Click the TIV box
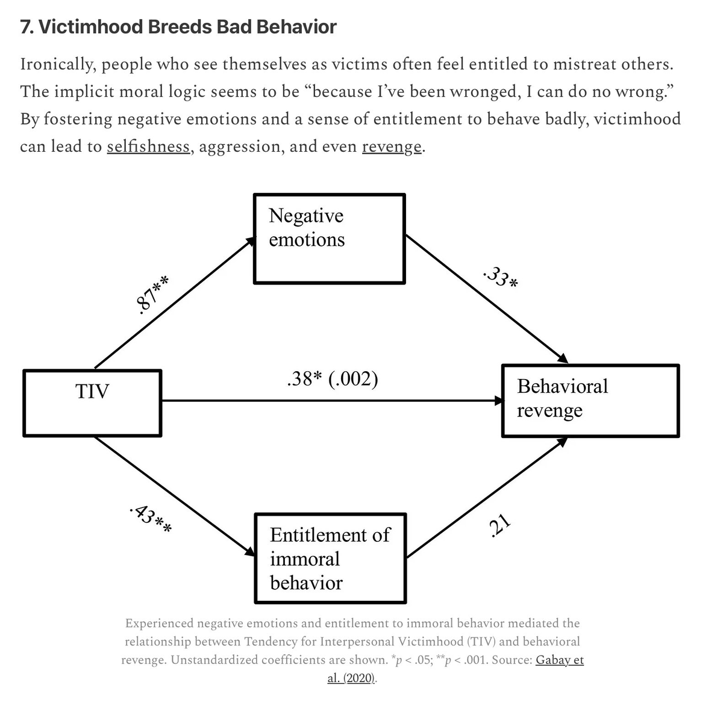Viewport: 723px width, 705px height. tap(92, 403)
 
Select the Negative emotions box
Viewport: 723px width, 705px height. tap(329, 239)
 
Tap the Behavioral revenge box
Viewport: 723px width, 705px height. tap(590, 400)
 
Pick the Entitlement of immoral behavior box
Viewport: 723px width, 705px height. tap(330, 558)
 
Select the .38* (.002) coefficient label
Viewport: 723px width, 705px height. tap(333, 379)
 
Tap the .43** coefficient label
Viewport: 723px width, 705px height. tap(151, 518)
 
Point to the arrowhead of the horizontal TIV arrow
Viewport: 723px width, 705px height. tap(499, 401)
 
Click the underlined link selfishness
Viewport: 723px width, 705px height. tap(149, 146)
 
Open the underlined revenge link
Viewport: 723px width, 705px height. tap(392, 146)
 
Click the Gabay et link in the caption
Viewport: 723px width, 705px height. tap(560, 660)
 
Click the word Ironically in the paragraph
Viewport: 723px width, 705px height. tap(57, 64)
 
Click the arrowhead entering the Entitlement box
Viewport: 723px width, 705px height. tap(250, 552)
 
